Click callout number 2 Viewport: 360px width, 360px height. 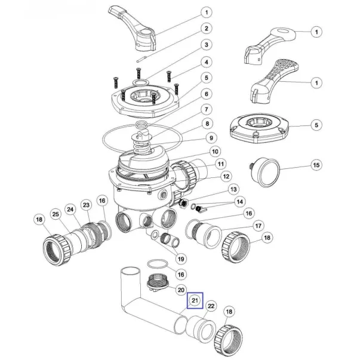(x=205, y=28)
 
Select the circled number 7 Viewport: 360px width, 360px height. (x=205, y=109)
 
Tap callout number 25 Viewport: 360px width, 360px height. (x=54, y=214)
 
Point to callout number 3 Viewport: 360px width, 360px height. (x=205, y=45)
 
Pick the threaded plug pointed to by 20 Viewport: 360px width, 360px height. (x=156, y=281)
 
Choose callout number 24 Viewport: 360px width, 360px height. (x=70, y=209)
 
